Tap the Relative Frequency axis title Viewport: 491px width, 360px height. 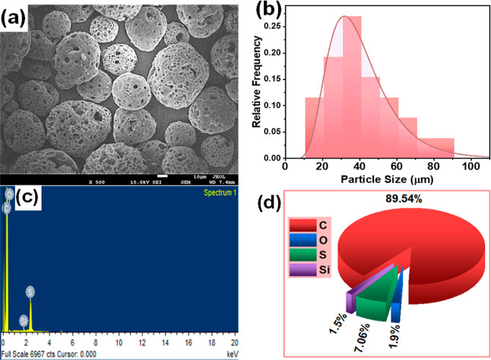[x=260, y=83]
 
